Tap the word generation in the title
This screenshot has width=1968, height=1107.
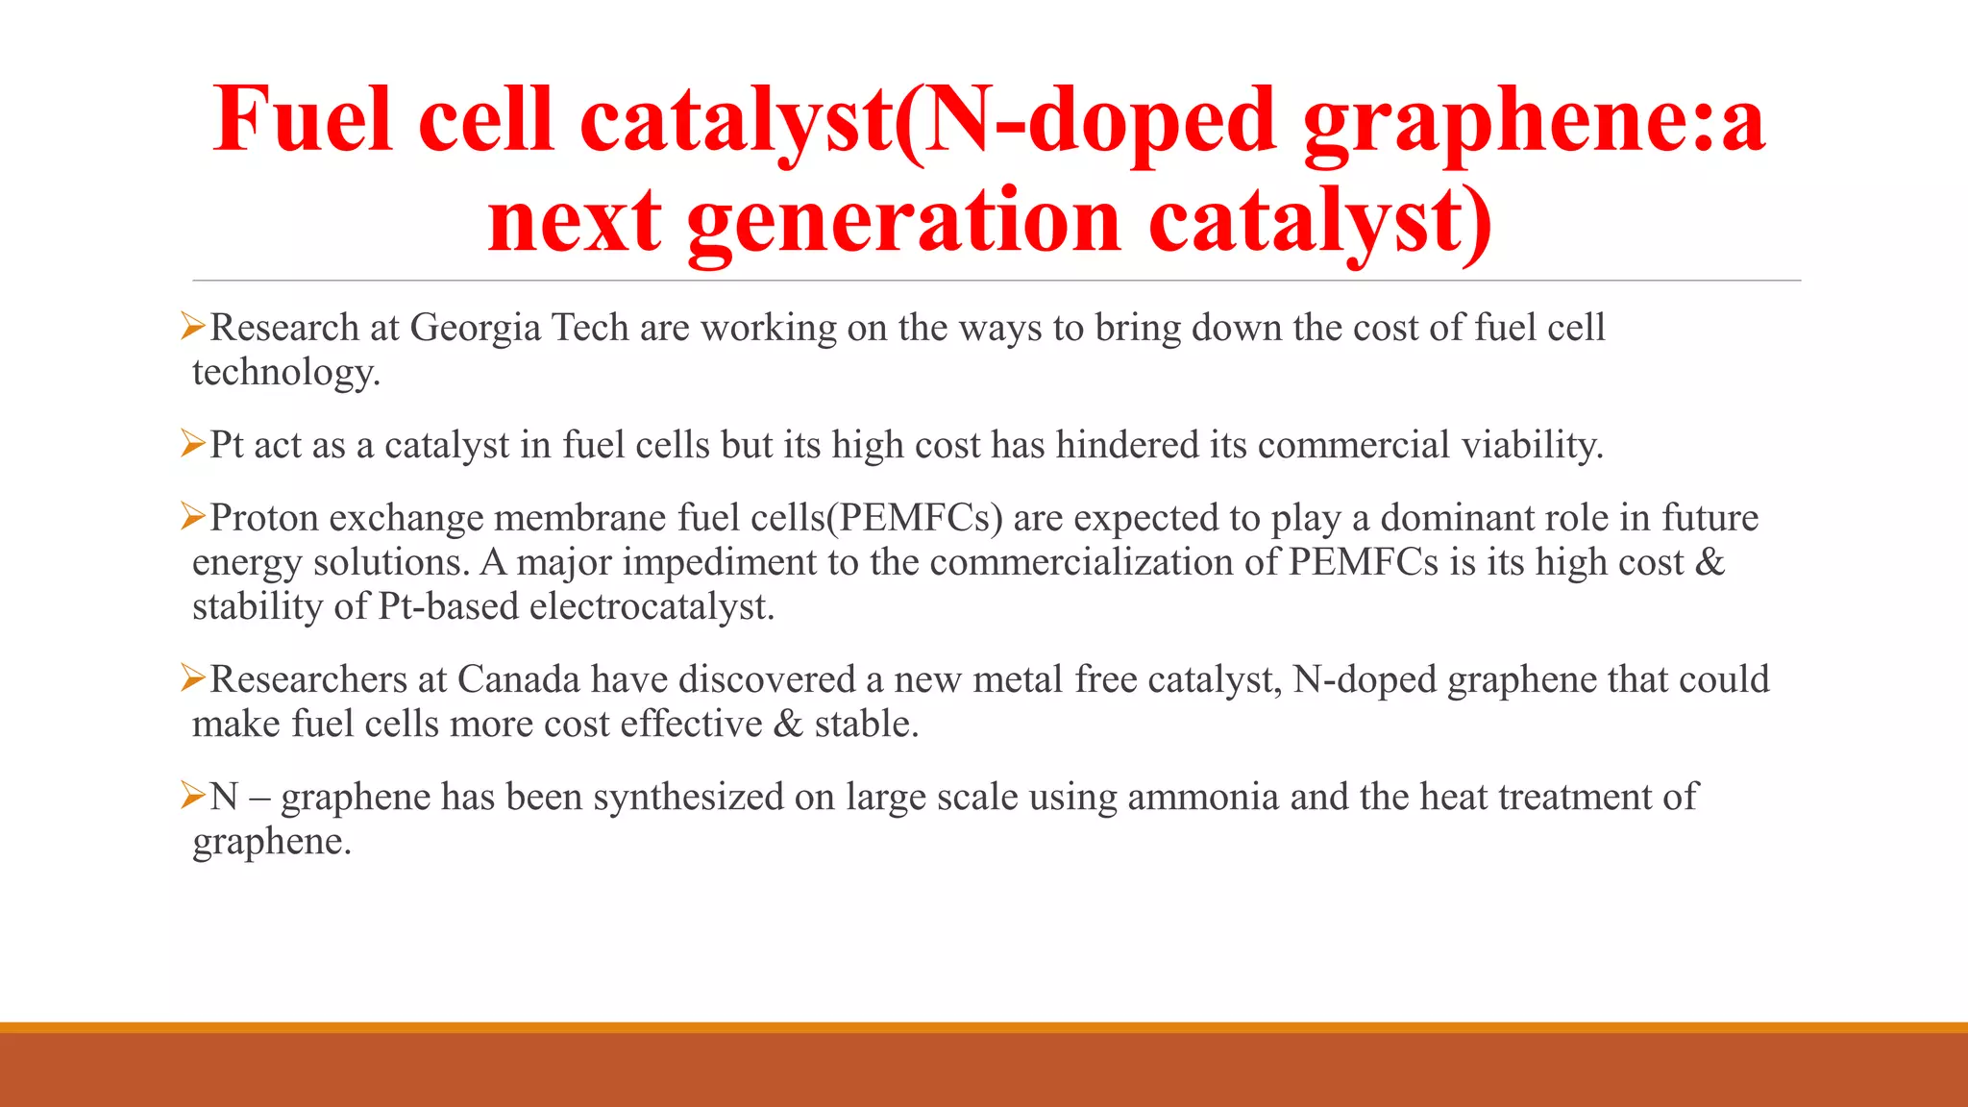903,221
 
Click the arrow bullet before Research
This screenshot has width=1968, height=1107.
193,327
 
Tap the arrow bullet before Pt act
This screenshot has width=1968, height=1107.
193,444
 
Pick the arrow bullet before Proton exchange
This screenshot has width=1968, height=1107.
193,517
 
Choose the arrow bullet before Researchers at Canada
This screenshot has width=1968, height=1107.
193,678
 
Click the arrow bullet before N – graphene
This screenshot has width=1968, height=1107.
193,796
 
